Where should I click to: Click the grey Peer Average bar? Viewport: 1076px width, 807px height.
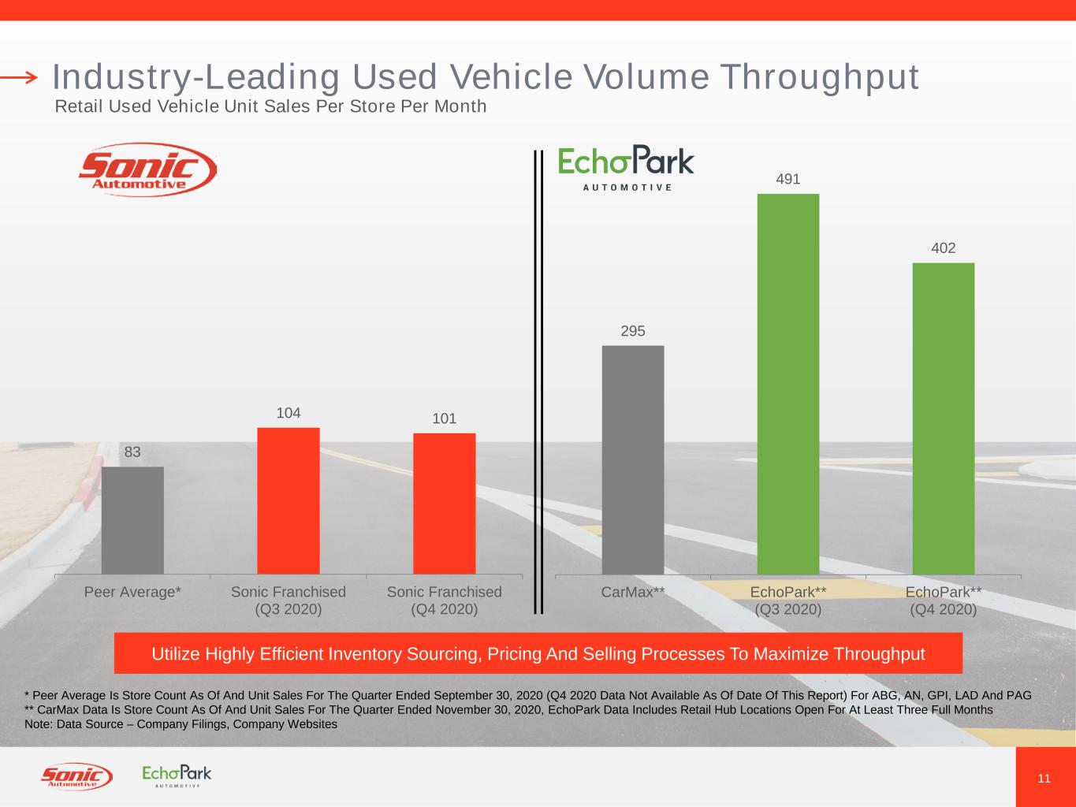(132, 520)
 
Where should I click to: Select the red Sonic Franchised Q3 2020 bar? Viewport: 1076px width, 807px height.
(289, 500)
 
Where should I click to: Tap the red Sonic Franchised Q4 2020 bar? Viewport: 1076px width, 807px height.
(445, 504)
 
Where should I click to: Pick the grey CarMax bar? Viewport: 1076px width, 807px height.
(633, 459)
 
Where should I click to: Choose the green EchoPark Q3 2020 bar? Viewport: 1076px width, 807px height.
(788, 384)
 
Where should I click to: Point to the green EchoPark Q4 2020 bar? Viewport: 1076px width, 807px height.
(944, 418)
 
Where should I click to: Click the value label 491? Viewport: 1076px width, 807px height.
(788, 180)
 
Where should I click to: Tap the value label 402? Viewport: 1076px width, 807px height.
(944, 248)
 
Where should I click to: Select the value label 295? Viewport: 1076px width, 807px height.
(633, 331)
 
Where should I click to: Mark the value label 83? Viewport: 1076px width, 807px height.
(132, 452)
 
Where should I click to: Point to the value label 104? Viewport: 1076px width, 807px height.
(289, 413)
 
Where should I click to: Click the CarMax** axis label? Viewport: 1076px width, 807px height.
(633, 592)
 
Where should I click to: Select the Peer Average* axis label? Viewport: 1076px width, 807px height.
(132, 592)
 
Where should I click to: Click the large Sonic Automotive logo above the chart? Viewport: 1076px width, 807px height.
(147, 169)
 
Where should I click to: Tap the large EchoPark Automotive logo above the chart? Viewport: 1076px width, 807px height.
(626, 167)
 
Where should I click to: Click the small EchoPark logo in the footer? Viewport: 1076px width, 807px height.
(177, 775)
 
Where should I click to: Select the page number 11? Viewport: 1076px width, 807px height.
(1044, 779)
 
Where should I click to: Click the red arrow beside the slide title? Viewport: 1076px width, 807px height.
(19, 77)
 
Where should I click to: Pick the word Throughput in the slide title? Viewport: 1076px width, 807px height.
(819, 77)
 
